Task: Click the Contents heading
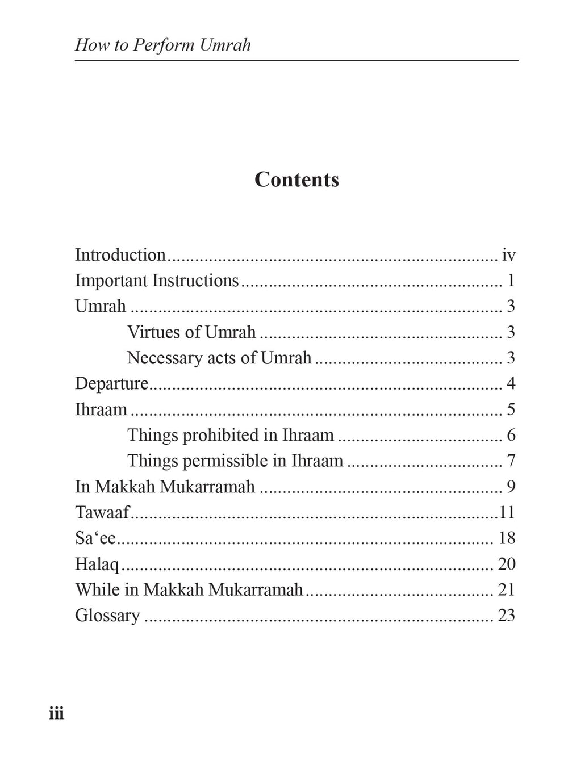296,179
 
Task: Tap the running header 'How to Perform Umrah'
162,45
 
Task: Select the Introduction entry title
120,255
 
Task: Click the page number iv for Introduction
508,256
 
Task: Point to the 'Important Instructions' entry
157,281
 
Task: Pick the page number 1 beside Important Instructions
511,281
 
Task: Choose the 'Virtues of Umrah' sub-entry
191,332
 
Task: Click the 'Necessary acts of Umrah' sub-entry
219,358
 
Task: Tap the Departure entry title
111,383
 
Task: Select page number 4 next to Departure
511,383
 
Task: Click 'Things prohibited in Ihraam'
230,435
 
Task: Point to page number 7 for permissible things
511,461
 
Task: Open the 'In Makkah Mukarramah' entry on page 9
165,487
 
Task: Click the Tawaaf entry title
102,512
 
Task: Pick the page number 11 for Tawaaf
507,512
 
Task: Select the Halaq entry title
97,564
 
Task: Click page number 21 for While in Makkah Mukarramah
506,589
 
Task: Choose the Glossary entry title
107,615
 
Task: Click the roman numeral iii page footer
56,713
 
